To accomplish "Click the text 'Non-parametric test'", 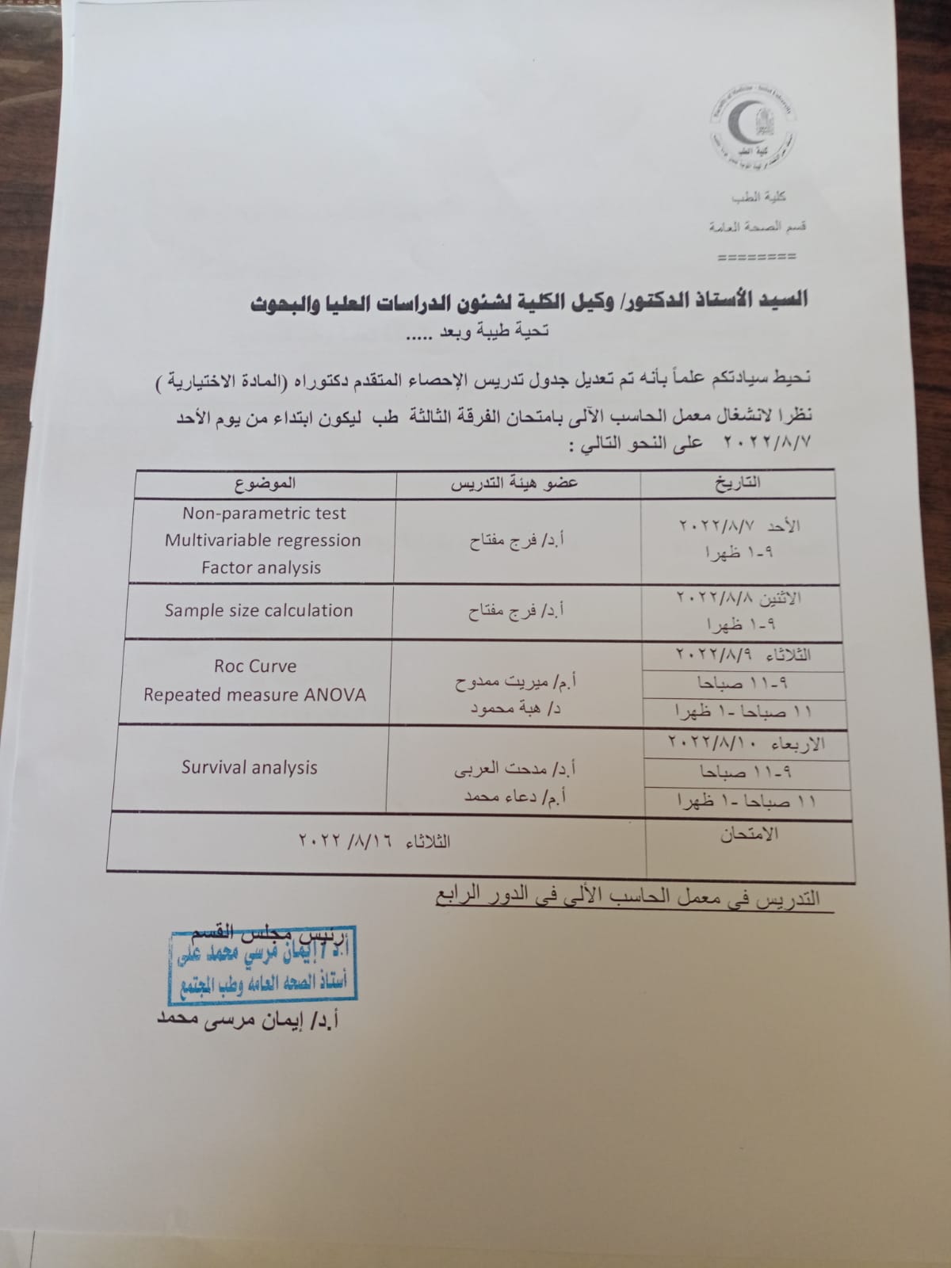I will pyautogui.click(x=264, y=514).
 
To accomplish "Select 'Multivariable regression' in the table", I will pyautogui.click(x=262, y=540).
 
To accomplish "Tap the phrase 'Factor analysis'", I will pyautogui.click(x=261, y=567).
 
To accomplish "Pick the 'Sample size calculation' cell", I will pyautogui.click(x=258, y=610).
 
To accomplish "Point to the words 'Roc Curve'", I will pyautogui.click(x=255, y=666).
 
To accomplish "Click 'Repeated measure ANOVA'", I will pyautogui.click(x=254, y=695).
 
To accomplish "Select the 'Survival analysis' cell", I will pyautogui.click(x=250, y=767).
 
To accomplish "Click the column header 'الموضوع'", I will pyautogui.click(x=265, y=483).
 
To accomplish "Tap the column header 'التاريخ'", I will pyautogui.click(x=736, y=482).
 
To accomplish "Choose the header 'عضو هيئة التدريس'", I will pyautogui.click(x=514, y=483).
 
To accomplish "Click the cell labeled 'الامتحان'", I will pyautogui.click(x=749, y=834).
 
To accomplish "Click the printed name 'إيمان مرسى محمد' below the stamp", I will pyautogui.click(x=250, y=1020).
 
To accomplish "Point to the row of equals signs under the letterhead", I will pyautogui.click(x=756, y=258).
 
